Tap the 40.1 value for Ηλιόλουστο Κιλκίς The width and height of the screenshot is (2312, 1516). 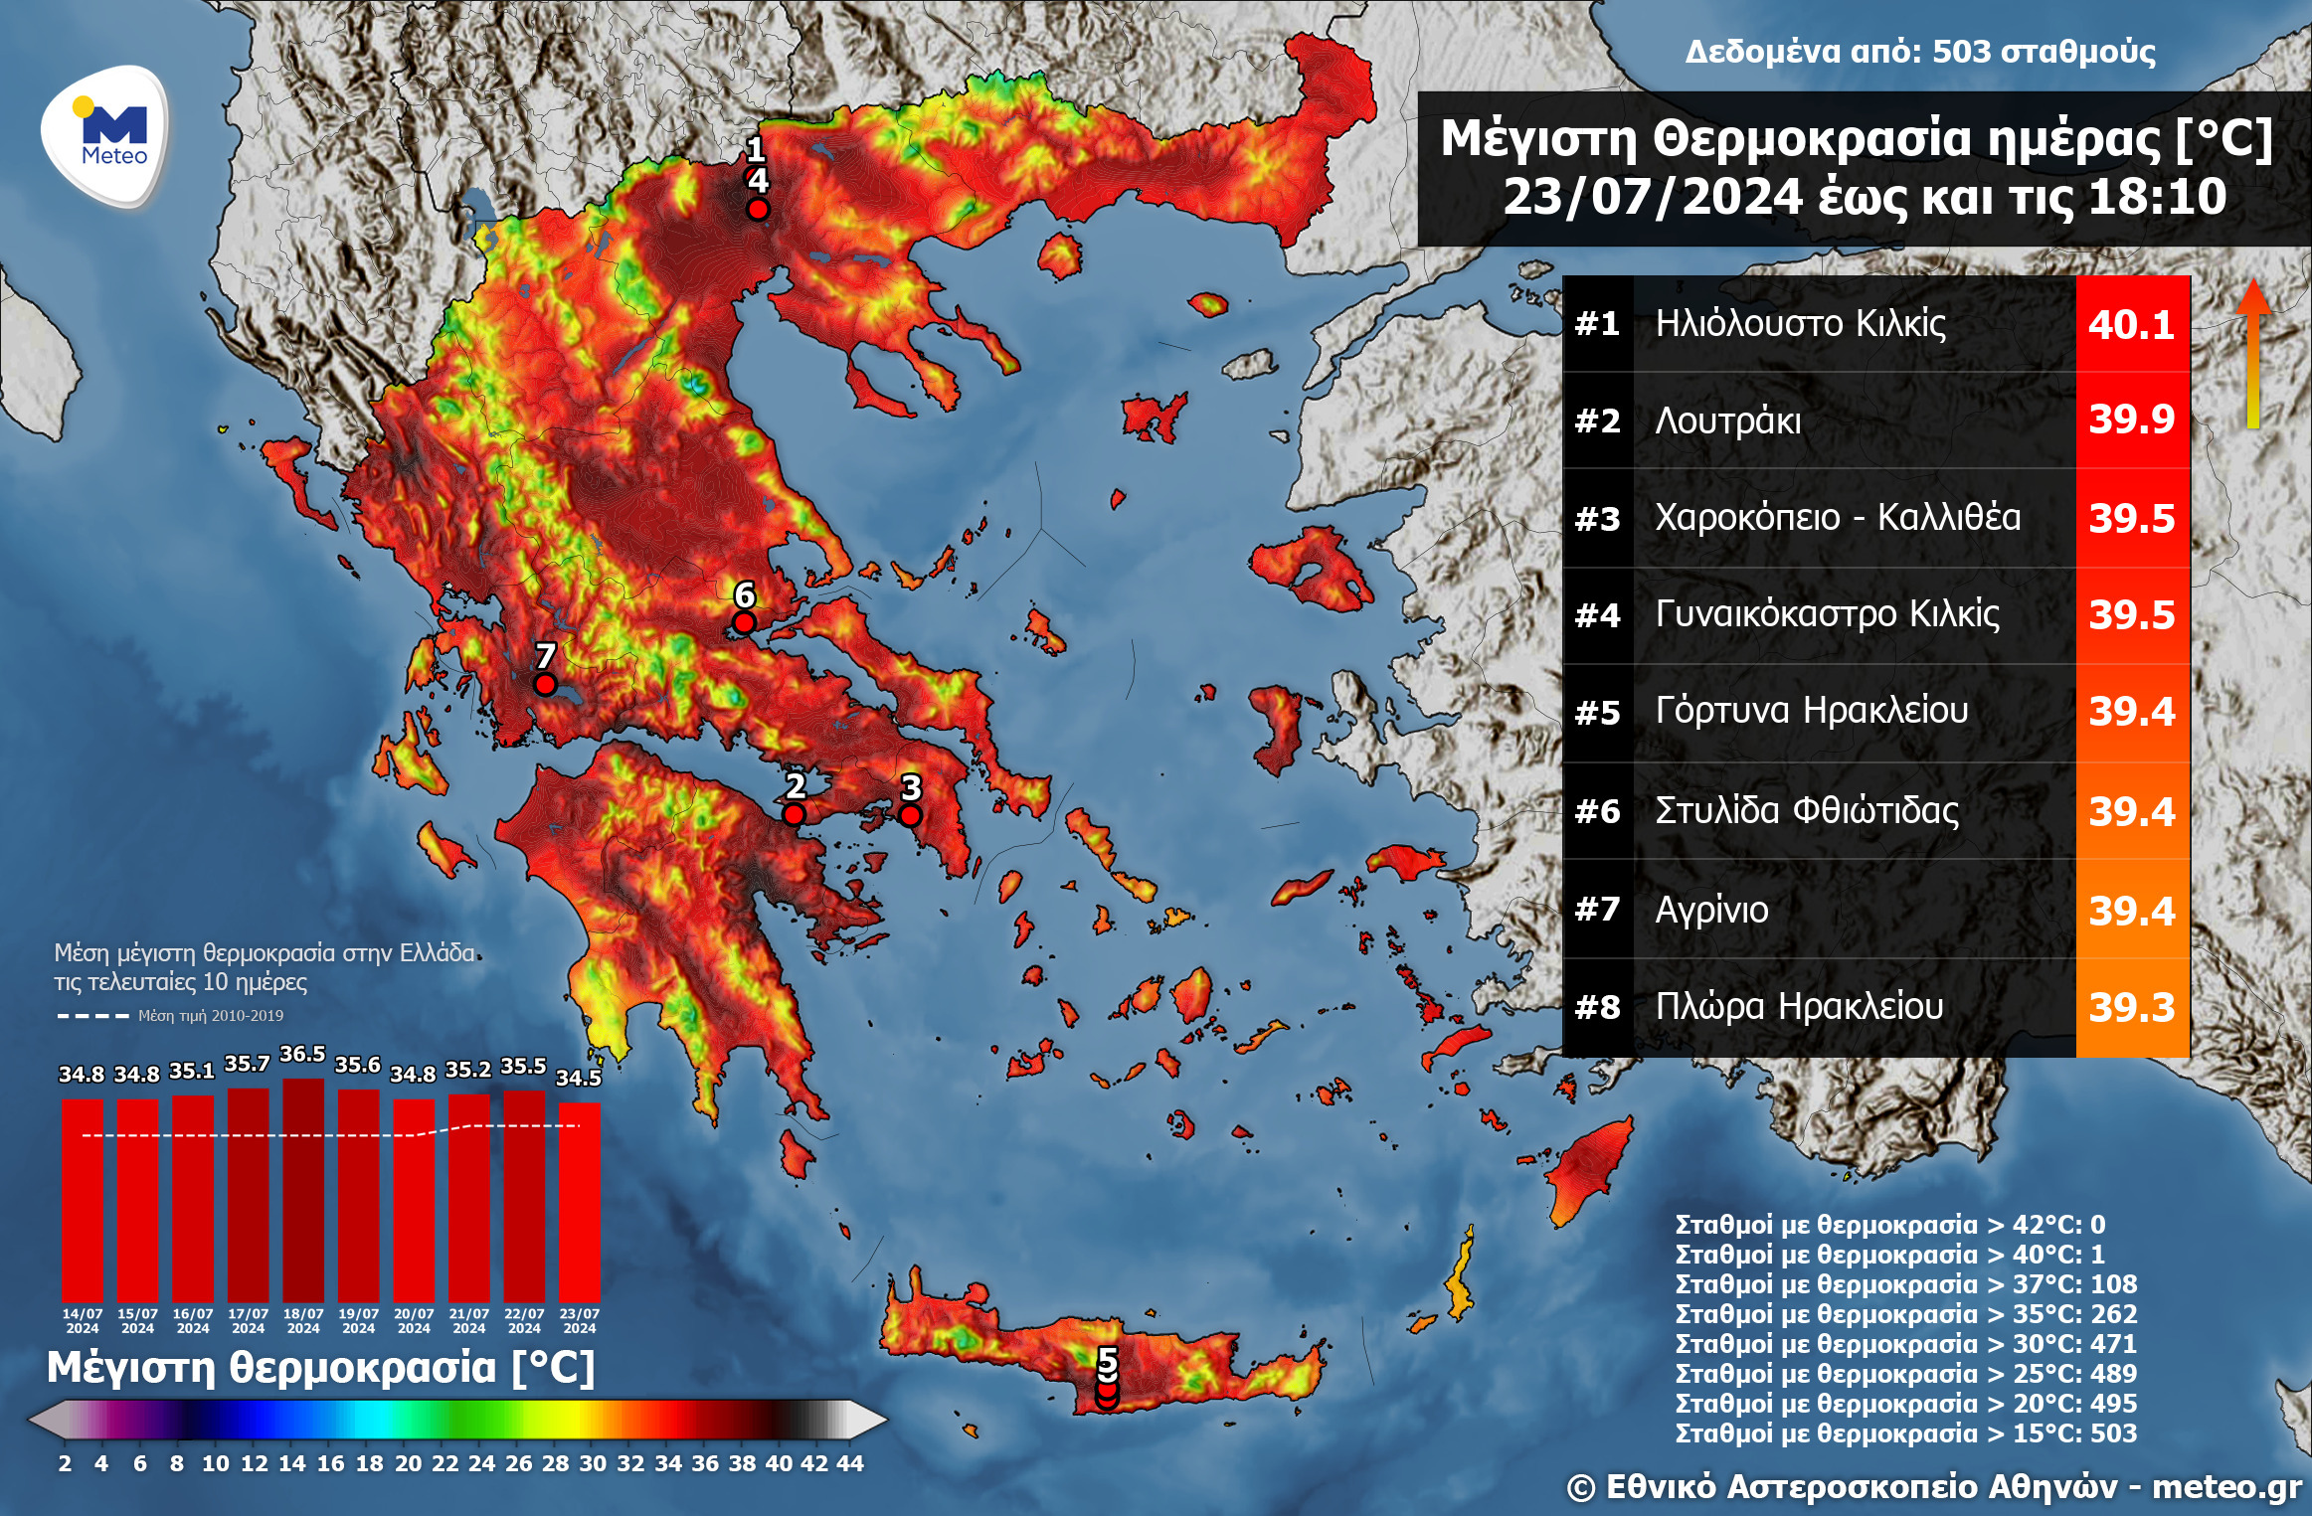click(x=2131, y=324)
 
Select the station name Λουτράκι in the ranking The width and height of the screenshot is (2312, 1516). click(x=1727, y=421)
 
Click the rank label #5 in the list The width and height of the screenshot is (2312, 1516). click(x=1597, y=713)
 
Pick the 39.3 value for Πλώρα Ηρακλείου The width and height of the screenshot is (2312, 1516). click(x=2131, y=1008)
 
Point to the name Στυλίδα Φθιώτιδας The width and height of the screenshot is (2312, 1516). click(x=1806, y=811)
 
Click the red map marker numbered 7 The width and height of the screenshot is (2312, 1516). click(x=545, y=684)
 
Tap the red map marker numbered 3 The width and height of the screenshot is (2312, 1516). click(x=910, y=815)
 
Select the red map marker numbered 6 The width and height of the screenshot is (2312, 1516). click(x=744, y=623)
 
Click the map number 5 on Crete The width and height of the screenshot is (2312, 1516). click(x=1107, y=1360)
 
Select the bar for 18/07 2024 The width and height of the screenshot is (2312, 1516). click(x=302, y=1189)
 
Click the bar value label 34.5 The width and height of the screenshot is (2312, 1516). click(x=578, y=1078)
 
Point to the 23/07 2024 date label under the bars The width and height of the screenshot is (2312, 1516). click(x=579, y=1320)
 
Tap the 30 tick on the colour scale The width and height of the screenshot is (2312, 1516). click(x=593, y=1463)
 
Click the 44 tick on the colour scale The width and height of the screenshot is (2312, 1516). click(x=849, y=1463)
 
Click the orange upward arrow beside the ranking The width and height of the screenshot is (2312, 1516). click(x=2253, y=353)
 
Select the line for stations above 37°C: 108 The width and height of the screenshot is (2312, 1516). click(x=1905, y=1284)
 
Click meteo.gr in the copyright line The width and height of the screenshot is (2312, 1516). click(x=2226, y=1487)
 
